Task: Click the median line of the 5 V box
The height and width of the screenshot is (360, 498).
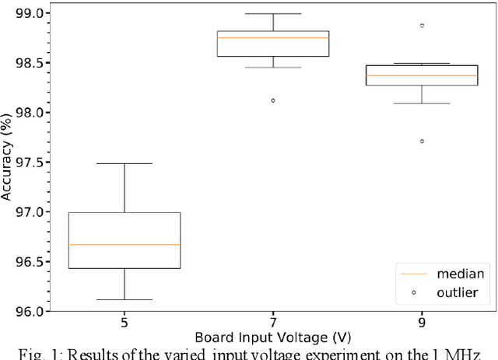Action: click(136, 244)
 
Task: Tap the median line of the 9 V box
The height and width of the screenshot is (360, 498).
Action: click(422, 75)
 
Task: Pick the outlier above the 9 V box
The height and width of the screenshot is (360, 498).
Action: click(422, 25)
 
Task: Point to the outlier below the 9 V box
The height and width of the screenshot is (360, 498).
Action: click(422, 141)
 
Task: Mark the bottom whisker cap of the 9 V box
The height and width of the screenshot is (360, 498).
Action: click(422, 103)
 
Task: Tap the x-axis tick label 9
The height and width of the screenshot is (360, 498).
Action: click(422, 323)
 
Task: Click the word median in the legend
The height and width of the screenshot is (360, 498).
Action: click(461, 274)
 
